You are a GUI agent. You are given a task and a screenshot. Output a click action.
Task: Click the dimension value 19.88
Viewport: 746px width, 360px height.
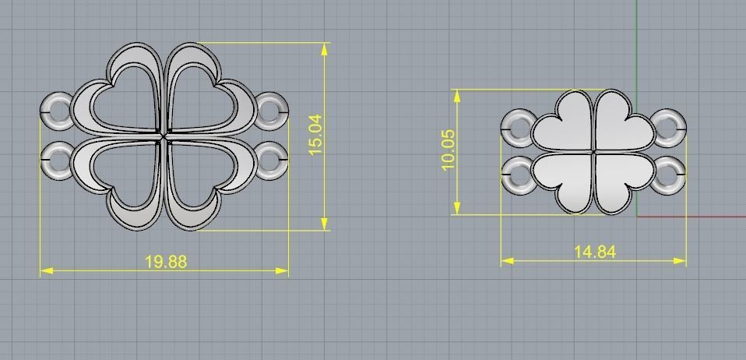coord(166,262)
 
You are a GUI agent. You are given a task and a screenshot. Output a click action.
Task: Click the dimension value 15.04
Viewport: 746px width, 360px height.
coord(315,134)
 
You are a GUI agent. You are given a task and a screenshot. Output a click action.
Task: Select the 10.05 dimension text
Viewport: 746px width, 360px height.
coord(447,150)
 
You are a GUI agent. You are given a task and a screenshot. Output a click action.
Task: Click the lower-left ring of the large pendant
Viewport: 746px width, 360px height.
coord(56,159)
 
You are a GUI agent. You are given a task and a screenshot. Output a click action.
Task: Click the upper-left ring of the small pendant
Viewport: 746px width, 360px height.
coord(517,125)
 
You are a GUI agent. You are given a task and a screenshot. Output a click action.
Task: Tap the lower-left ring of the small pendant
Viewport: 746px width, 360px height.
coord(517,176)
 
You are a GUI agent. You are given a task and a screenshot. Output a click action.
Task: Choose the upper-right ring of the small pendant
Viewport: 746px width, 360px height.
coord(668,125)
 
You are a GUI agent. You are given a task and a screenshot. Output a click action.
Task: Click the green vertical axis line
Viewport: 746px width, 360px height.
coord(637,47)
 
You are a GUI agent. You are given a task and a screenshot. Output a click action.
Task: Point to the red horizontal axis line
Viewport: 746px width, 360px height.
coord(701,216)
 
